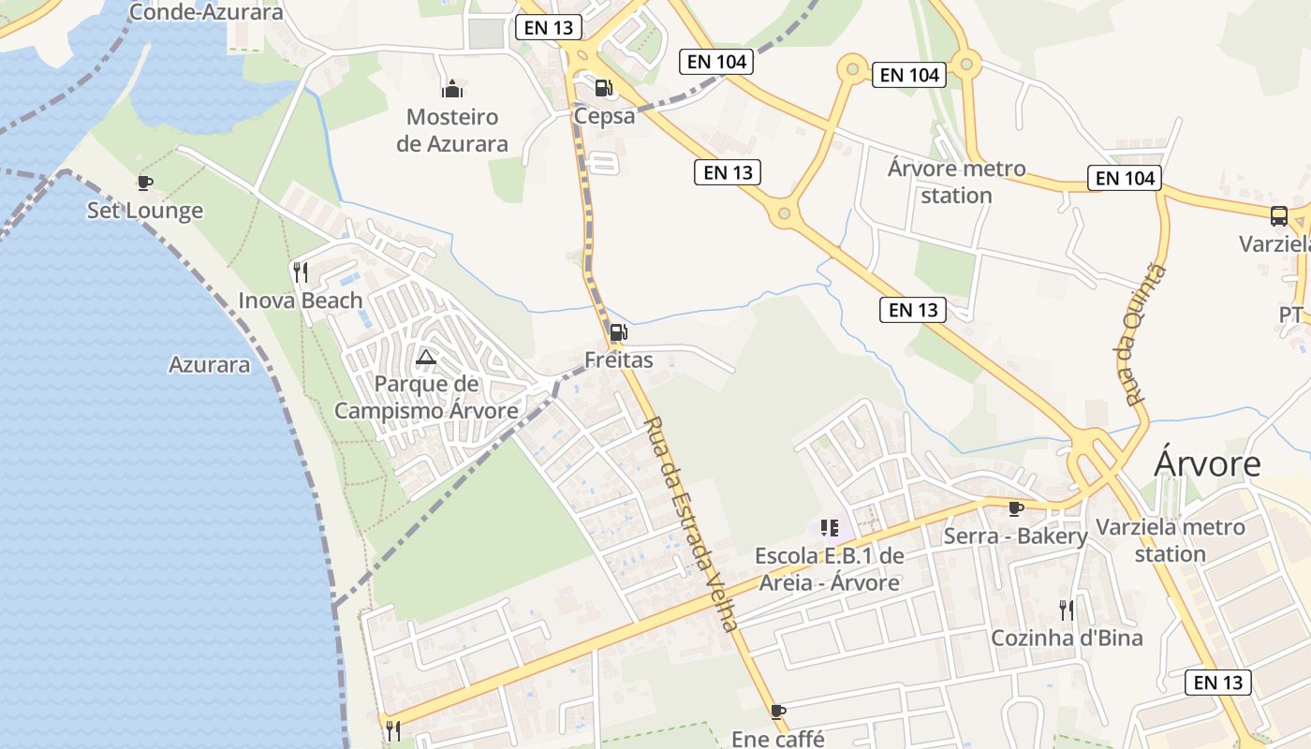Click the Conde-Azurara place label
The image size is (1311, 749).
coord(206,12)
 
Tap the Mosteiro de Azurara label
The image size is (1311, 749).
coord(452,130)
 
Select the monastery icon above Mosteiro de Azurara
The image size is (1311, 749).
coord(452,90)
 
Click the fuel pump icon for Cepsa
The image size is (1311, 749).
coord(604,88)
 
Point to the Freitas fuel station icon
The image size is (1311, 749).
coord(618,332)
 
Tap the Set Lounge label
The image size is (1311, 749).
coord(145,211)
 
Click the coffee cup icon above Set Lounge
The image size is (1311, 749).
coord(144,183)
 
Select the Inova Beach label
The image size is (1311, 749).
coord(300,301)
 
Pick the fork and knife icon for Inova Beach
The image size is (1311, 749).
coord(300,272)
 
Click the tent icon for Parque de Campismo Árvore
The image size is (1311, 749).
coord(426,357)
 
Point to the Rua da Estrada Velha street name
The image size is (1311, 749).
coord(691,523)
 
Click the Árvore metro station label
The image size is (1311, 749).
coord(956,182)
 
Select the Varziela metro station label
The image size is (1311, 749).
coord(1170,540)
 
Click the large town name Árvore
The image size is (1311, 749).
coord(1207,463)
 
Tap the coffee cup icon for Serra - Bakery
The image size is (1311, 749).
coord(1015,508)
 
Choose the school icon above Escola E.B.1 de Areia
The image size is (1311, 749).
coord(829,528)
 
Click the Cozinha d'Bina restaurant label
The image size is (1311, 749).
coord(1067,639)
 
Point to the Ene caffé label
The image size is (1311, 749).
coord(777,739)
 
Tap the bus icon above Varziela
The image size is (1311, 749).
coord(1279,216)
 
